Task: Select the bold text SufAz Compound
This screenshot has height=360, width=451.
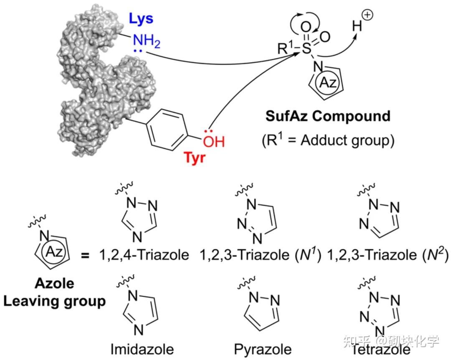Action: tap(328, 116)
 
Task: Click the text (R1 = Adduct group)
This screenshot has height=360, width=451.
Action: tap(328, 141)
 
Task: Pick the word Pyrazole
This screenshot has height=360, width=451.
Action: tap(263, 349)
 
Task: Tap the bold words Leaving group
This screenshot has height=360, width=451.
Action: tap(54, 301)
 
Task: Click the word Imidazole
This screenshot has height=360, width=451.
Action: tap(142, 349)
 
